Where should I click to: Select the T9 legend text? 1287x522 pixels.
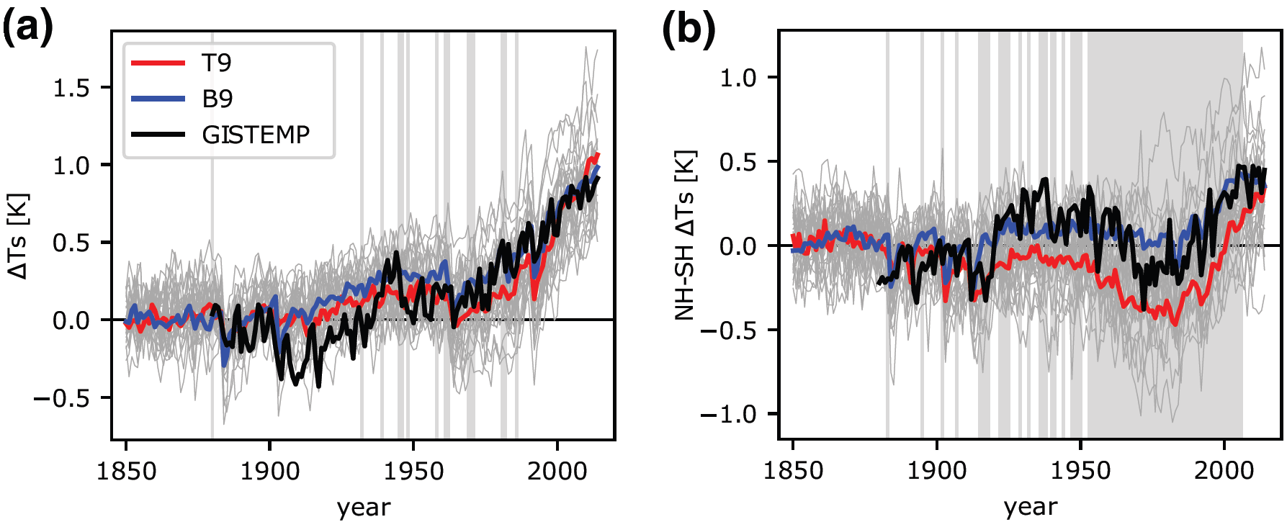pyautogui.click(x=217, y=63)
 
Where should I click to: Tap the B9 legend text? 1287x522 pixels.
pyautogui.click(x=218, y=99)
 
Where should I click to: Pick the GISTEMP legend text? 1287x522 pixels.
pyautogui.click(x=256, y=135)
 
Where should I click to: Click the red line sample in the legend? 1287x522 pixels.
pyautogui.click(x=158, y=63)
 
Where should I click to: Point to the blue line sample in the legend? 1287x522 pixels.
pyautogui.click(x=158, y=99)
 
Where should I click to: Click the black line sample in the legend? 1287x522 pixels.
pyautogui.click(x=158, y=135)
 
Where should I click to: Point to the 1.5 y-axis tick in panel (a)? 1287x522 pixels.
pyautogui.click(x=71, y=88)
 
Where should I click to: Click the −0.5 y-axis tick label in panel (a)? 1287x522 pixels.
pyautogui.click(x=62, y=398)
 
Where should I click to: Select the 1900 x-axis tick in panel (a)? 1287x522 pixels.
pyautogui.click(x=270, y=472)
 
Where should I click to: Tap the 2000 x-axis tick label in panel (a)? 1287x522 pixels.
pyautogui.click(x=557, y=472)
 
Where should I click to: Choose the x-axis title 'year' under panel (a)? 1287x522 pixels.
pyautogui.click(x=364, y=507)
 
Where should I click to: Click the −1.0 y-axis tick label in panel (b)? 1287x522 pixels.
pyautogui.click(x=729, y=415)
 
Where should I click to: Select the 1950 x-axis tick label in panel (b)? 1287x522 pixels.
pyautogui.click(x=1080, y=472)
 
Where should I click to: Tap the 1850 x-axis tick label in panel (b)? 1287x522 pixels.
pyautogui.click(x=793, y=472)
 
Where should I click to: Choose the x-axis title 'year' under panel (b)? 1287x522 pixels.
pyautogui.click(x=1031, y=507)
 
